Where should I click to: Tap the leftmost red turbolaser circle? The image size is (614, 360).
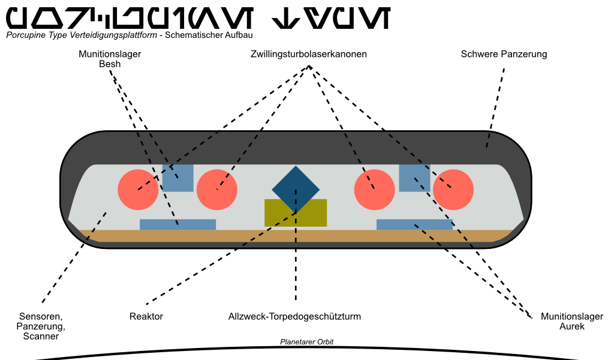(139, 190)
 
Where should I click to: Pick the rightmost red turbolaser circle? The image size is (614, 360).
(454, 190)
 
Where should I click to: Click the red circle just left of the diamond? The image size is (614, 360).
(217, 190)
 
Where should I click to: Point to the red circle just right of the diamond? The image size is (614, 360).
(374, 190)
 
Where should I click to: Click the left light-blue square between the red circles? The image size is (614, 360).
(178, 178)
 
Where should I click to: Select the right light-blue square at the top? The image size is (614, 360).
(414, 178)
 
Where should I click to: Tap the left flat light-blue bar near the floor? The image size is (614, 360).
(177, 224)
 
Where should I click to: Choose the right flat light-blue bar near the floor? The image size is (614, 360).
(414, 224)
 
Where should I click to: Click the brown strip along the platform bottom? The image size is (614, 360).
(296, 235)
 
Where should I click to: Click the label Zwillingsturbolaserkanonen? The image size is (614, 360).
(309, 54)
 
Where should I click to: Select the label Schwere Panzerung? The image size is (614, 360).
(504, 54)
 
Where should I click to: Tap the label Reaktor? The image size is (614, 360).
(146, 316)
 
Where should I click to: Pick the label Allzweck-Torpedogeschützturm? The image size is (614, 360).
(294, 316)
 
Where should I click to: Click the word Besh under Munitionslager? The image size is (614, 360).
(110, 64)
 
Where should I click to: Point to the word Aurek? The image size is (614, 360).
(571, 326)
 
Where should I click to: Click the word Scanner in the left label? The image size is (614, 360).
(41, 337)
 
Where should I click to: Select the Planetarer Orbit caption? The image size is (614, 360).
(307, 342)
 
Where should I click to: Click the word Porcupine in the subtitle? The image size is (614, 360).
(25, 35)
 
